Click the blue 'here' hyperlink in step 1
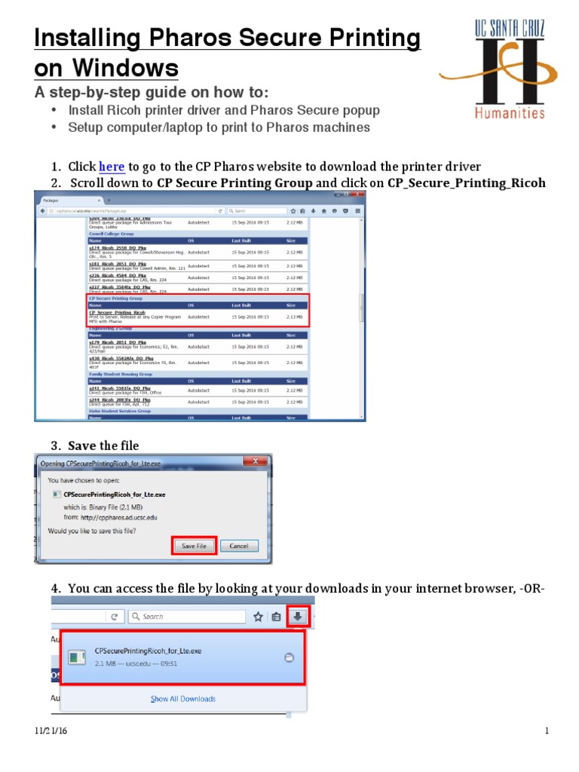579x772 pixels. (111, 167)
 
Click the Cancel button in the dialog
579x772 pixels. (238, 546)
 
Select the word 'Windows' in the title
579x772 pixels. (127, 69)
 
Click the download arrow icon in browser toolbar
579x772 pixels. (299, 617)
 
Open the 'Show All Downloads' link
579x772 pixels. (183, 699)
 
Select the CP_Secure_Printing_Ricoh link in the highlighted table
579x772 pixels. (117, 312)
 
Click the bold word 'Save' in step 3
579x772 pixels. (83, 446)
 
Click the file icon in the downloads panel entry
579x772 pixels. (77, 657)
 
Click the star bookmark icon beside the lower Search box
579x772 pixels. (258, 617)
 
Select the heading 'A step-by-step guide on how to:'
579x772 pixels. (152, 93)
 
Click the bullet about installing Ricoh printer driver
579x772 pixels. (224, 110)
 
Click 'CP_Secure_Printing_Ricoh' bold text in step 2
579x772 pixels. (467, 182)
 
